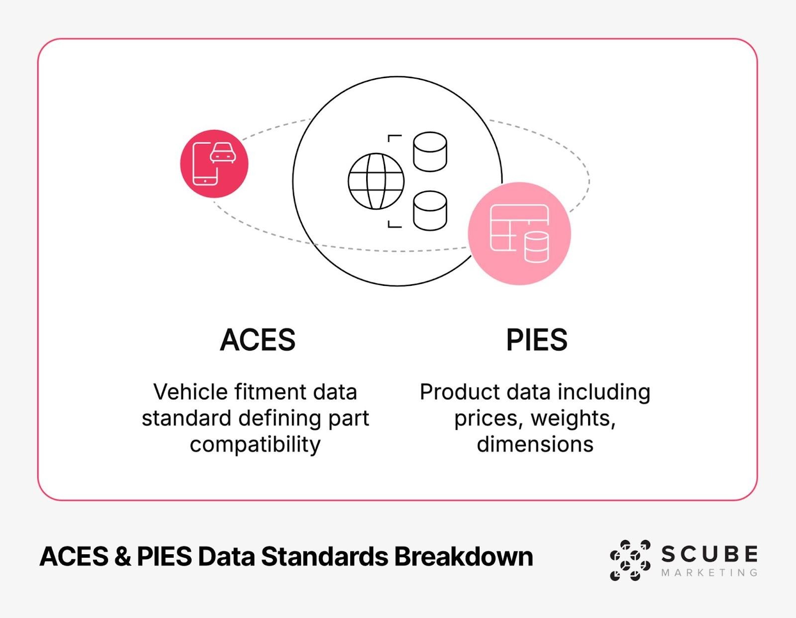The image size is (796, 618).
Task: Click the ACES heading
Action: [x=258, y=340]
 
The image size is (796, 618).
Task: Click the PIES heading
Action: [x=536, y=340]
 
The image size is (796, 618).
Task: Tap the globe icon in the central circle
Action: [x=376, y=181]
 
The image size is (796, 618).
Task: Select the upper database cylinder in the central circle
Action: [x=430, y=151]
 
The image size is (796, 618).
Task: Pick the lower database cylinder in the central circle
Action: [x=430, y=211]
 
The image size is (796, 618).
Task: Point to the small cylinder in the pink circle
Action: [x=537, y=247]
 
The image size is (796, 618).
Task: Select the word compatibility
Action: [x=255, y=444]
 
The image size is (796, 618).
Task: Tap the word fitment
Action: [x=271, y=392]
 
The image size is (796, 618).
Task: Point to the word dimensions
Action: [x=535, y=444]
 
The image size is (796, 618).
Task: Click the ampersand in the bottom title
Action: [x=122, y=556]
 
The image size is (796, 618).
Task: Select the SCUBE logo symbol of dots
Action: [x=630, y=560]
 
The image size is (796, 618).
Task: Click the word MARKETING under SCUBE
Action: [x=709, y=573]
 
